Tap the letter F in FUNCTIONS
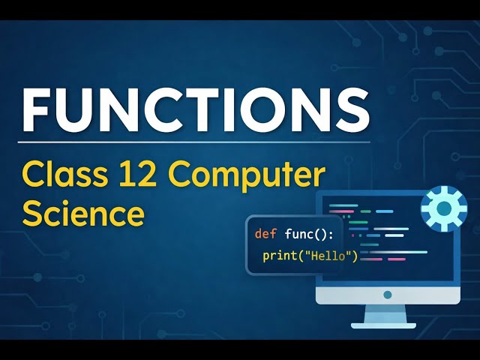pos(37,110)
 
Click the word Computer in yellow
pos(247,178)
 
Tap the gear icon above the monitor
pos(444,209)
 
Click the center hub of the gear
pos(444,209)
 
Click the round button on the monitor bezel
pos(387,295)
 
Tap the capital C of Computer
pos(181,177)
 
